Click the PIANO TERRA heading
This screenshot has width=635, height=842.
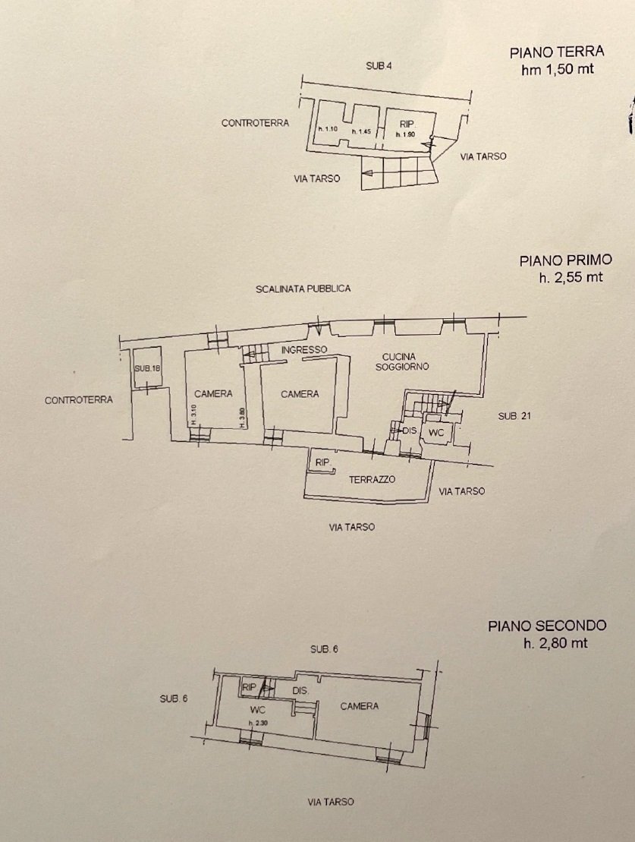tap(557, 52)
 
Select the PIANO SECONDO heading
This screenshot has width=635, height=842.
tap(547, 626)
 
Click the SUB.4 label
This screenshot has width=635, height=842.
tap(379, 66)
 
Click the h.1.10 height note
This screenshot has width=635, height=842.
tap(327, 129)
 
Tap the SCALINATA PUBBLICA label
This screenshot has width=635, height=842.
tap(303, 289)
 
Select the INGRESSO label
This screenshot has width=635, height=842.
tap(303, 349)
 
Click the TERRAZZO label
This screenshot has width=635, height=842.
tap(372, 480)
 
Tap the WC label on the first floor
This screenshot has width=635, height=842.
tap(436, 432)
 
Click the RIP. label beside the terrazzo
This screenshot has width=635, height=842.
tap(322, 461)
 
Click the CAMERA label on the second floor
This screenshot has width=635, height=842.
tap(359, 706)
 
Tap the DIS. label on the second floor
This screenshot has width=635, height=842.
tap(300, 691)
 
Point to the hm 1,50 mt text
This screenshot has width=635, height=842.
tap(557, 70)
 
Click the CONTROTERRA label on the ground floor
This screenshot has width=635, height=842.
tap(255, 123)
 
